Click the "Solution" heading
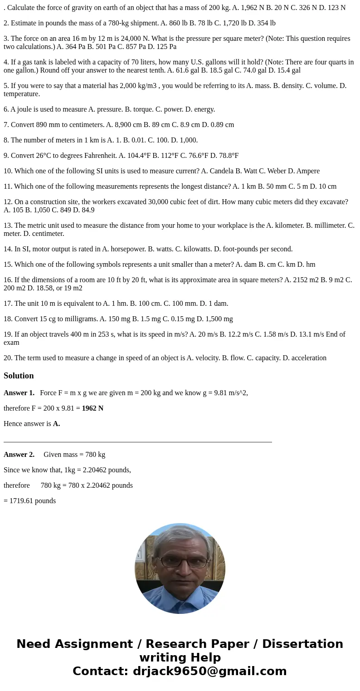19,376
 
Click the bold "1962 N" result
92,408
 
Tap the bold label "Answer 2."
19,455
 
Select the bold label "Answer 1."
19,393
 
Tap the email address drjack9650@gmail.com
209,671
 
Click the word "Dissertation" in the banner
302,644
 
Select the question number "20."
8,358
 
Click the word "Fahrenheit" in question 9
100,156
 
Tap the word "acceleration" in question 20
308,358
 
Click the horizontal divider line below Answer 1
137,441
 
